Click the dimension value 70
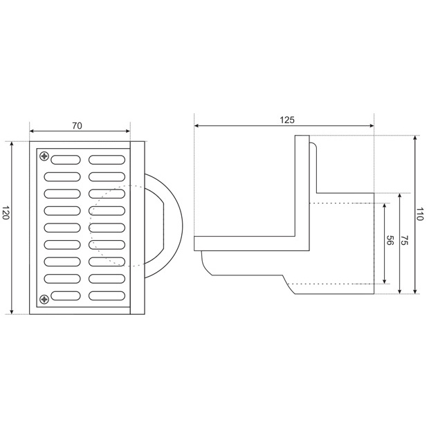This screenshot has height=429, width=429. pos(77,126)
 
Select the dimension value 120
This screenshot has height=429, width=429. pos(6,213)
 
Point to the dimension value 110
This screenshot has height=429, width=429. pos(419,214)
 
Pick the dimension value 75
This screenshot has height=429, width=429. pos(404,241)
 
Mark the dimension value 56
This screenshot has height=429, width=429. pos(390,241)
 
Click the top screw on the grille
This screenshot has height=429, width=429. pos(45,156)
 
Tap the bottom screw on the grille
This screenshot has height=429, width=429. pos(45,299)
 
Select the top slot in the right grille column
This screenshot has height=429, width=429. pos(107,159)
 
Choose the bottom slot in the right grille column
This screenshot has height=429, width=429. pos(107,295)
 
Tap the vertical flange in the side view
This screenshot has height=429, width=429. pos(302,187)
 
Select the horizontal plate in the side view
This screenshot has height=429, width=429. pos(249,243)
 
